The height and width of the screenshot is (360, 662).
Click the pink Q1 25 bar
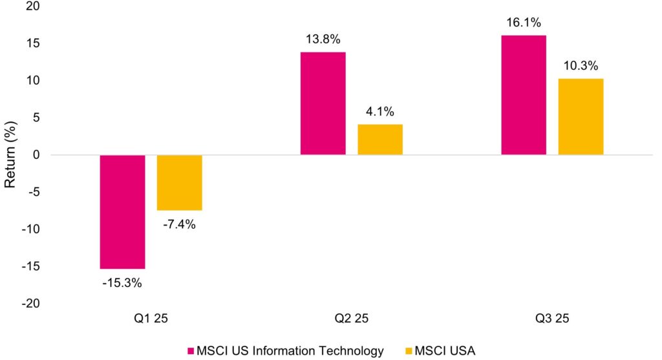click(122, 212)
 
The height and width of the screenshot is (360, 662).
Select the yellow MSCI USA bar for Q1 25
click(180, 183)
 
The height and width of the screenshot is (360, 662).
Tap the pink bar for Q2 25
click(323, 103)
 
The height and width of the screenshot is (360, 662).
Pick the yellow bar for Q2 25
click(380, 140)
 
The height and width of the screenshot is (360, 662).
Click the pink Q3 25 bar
click(524, 95)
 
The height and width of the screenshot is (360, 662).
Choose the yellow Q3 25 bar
click(581, 117)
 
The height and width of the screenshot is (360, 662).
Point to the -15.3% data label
click(122, 282)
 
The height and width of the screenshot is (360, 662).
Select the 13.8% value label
click(323, 38)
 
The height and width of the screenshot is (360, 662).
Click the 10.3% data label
click(581, 65)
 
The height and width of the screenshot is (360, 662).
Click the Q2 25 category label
click(352, 319)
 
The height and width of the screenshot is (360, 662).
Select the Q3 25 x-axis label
click(552, 319)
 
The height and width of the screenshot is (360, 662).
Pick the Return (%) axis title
click(10, 155)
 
